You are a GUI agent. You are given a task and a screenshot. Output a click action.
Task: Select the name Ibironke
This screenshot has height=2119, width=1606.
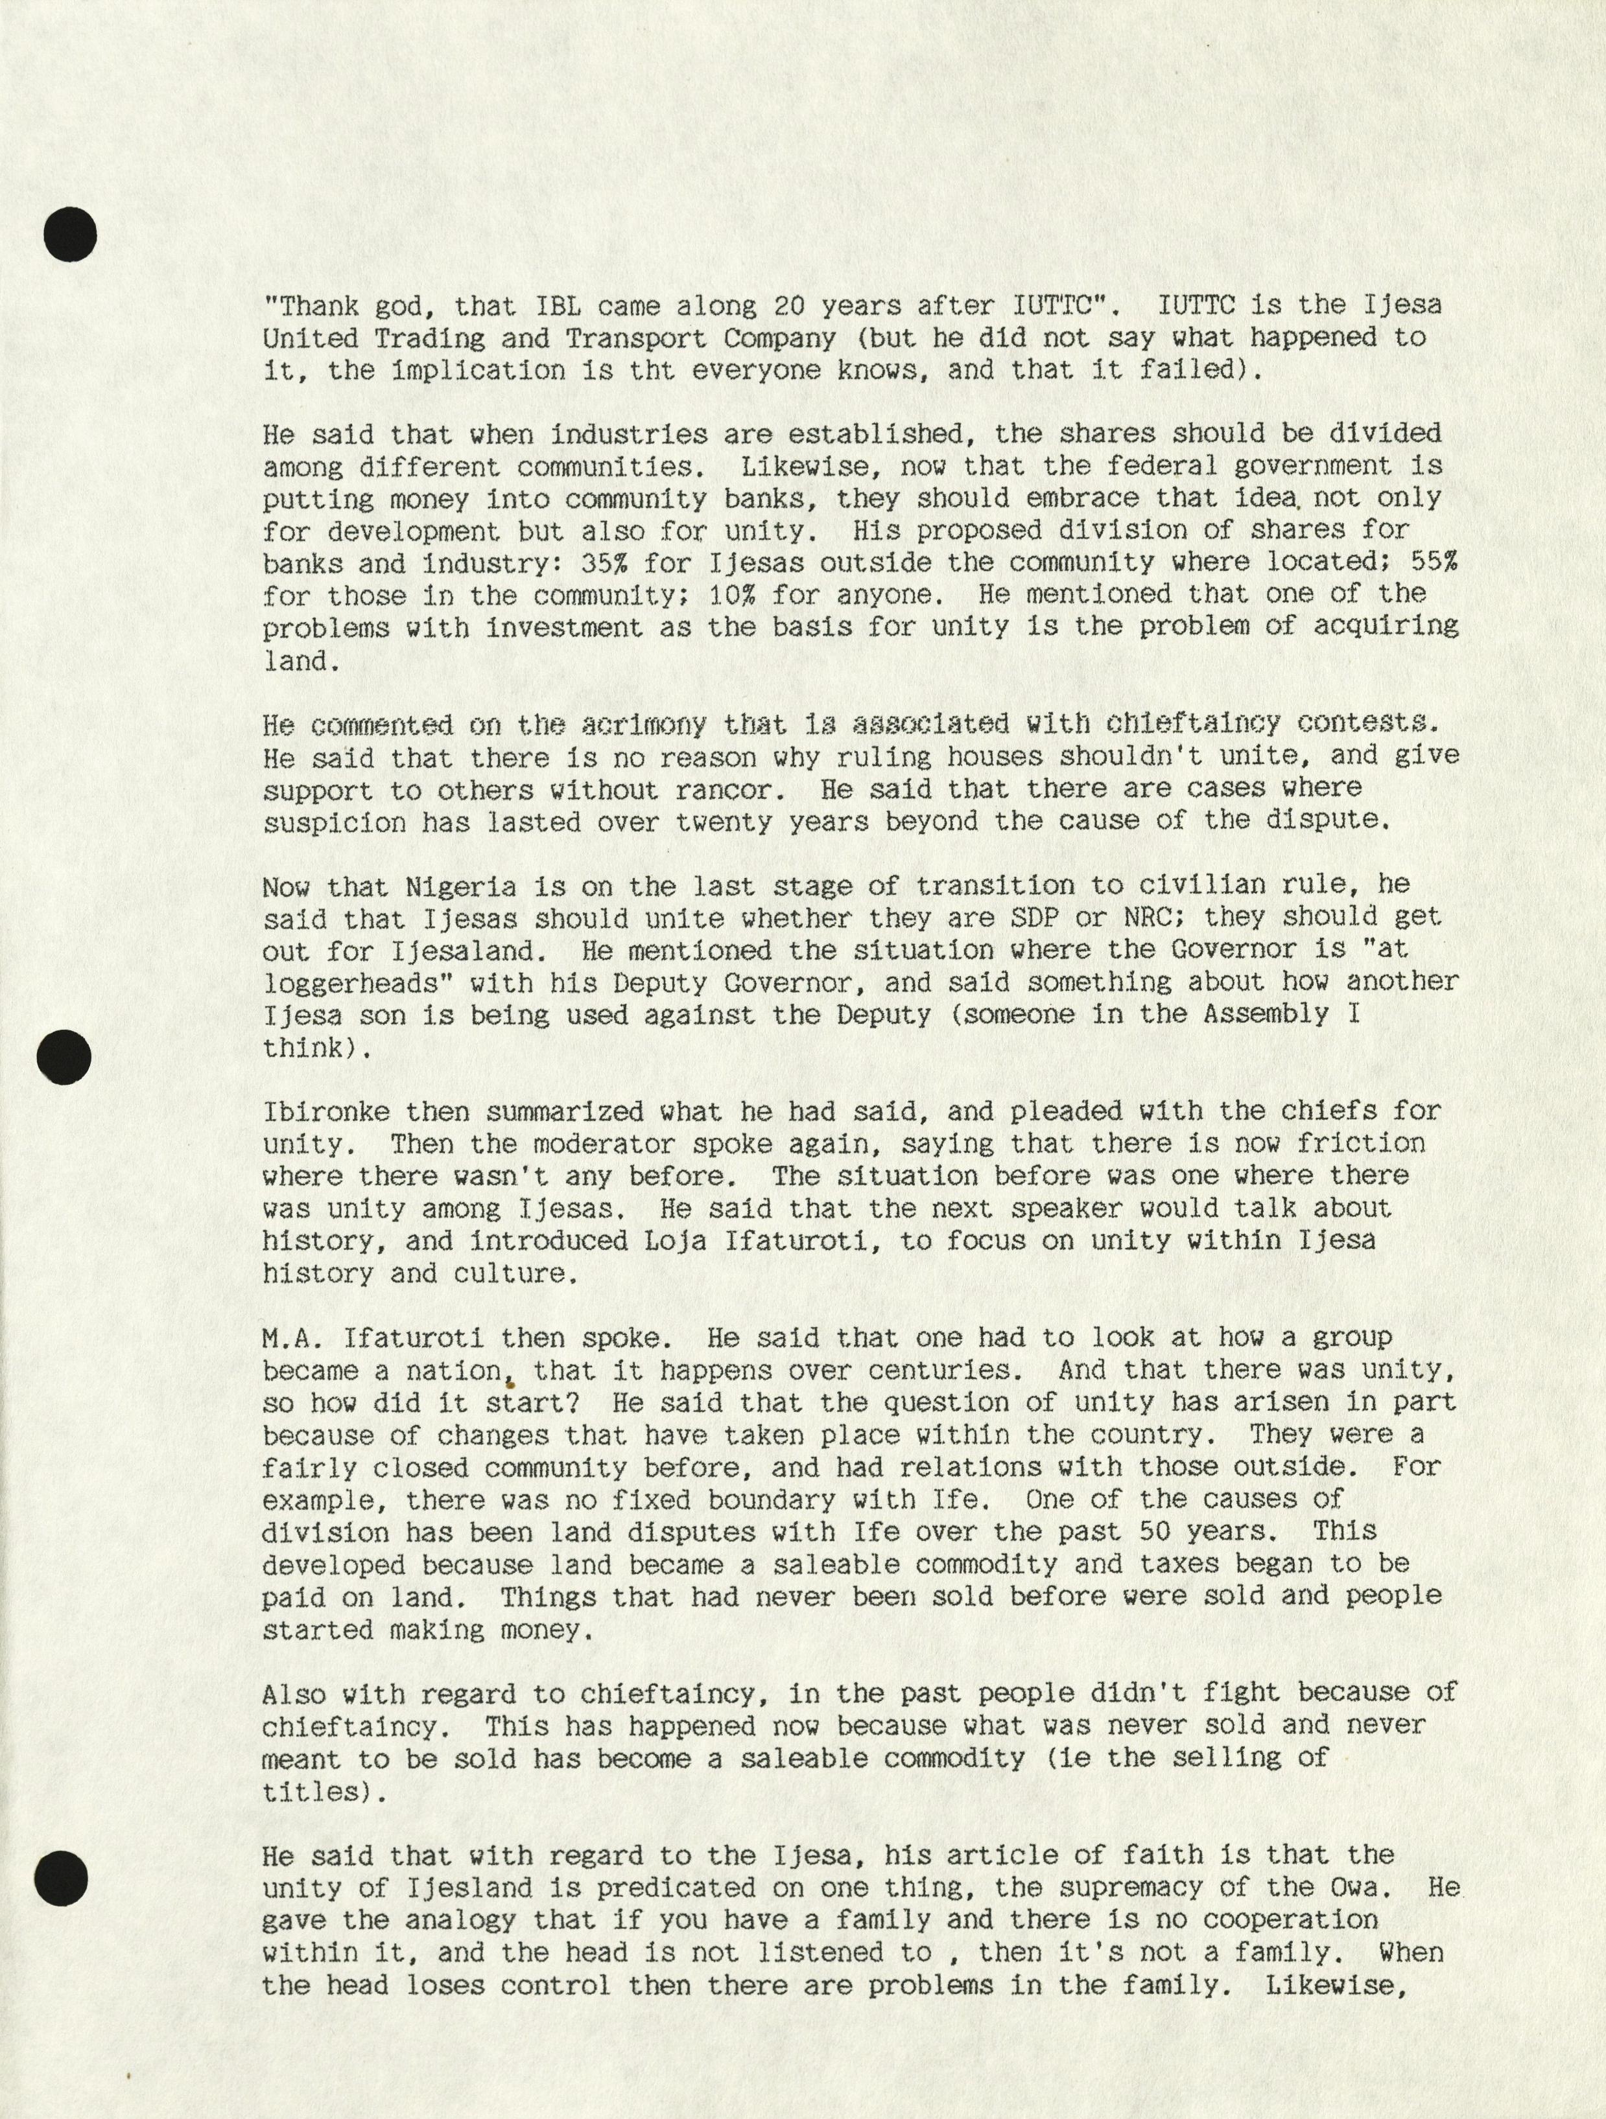click(325, 1111)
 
